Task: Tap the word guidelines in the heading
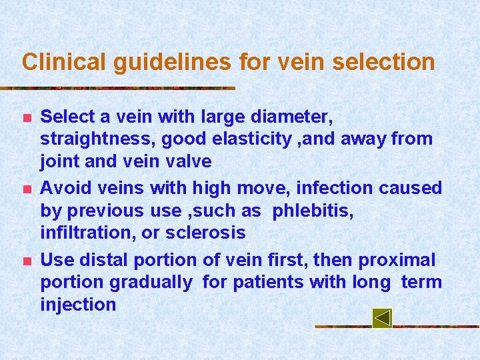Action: coord(173,63)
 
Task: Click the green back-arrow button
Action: coord(382,318)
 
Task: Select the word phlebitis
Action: coord(313,211)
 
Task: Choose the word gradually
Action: coord(150,283)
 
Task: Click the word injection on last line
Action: coord(78,305)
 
